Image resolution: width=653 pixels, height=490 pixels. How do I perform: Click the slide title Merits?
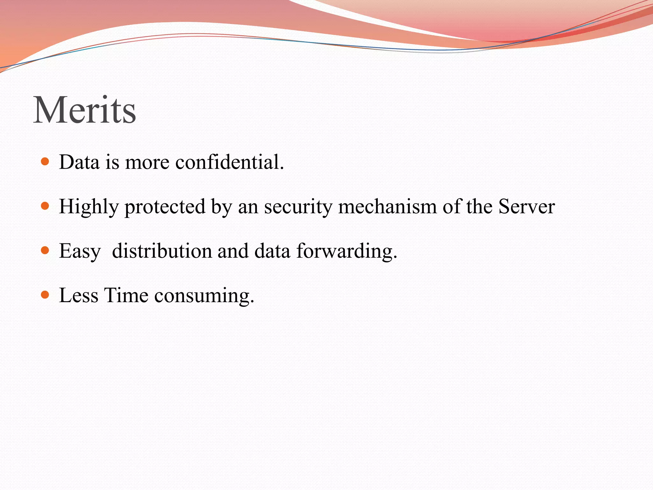(85, 110)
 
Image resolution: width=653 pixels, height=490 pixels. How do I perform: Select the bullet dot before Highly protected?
(45, 206)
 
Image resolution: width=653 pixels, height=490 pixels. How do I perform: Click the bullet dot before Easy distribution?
(45, 250)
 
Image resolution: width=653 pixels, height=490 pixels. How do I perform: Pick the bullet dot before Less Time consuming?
(45, 294)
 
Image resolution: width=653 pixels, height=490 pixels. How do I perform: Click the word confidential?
(229, 162)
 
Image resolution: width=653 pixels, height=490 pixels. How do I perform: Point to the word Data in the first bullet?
(79, 162)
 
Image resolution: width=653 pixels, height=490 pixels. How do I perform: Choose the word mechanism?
(387, 206)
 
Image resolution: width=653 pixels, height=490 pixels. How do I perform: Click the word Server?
(526, 206)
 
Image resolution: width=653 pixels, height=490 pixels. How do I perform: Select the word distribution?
(162, 251)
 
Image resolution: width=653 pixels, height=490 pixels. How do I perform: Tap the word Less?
(78, 295)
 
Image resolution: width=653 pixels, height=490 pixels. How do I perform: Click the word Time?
(126, 295)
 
